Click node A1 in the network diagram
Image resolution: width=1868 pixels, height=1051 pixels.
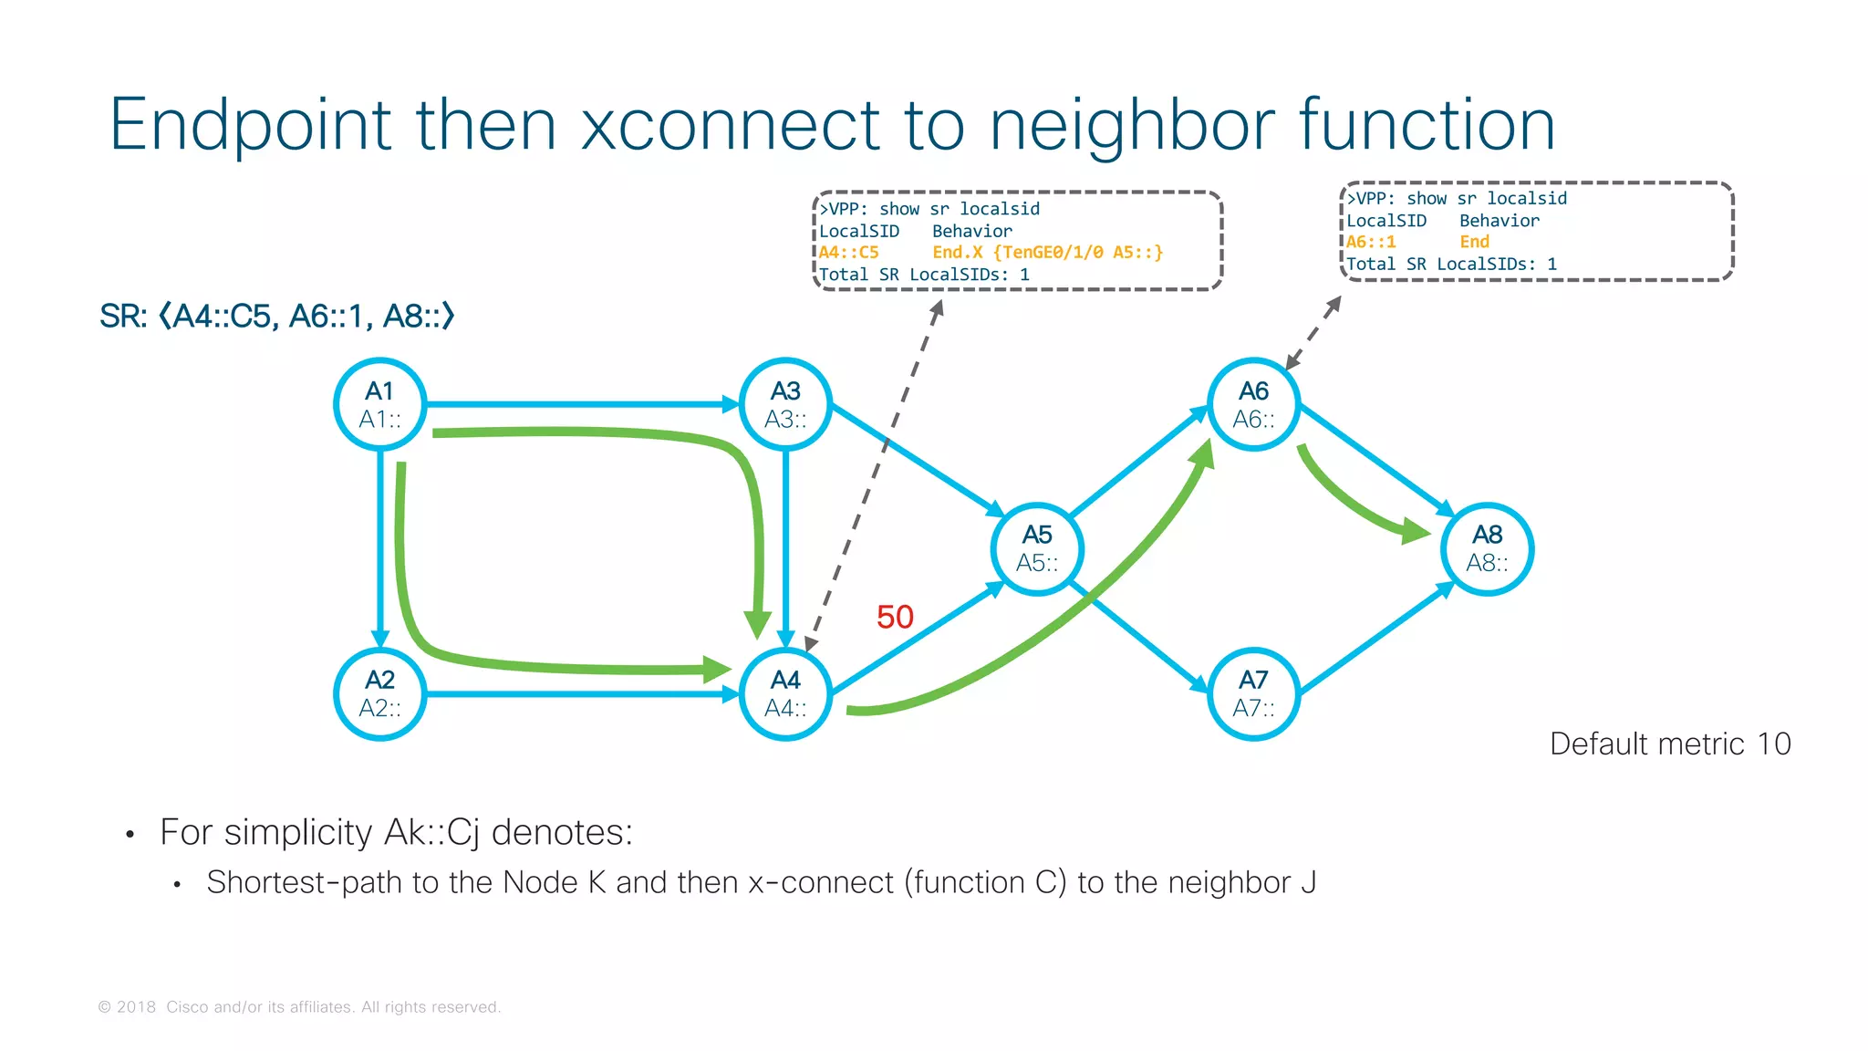379,404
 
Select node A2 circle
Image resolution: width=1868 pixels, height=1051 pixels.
379,693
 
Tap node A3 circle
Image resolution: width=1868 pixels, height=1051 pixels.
785,404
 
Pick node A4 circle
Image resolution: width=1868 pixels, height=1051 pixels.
785,693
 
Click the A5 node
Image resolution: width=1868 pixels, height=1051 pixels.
1037,548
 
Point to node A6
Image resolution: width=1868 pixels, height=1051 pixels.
1253,404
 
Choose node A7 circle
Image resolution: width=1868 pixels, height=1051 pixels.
1253,693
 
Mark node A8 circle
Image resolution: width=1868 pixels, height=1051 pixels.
1487,548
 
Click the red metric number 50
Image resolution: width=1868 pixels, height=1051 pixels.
895,618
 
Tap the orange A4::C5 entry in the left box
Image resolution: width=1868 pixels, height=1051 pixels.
848,253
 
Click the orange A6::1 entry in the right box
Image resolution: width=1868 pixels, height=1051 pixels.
1371,242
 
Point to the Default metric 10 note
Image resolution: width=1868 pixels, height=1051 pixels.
1670,744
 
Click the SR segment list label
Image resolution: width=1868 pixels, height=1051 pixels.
277,317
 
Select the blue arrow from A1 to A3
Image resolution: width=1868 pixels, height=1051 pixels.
584,403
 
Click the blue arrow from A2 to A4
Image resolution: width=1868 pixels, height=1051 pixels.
584,694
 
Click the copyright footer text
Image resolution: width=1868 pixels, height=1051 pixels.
299,1007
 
